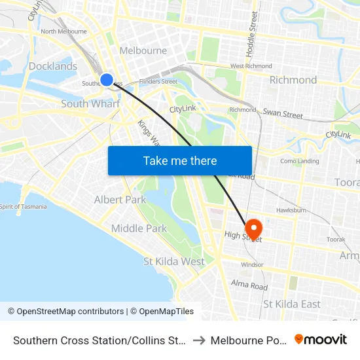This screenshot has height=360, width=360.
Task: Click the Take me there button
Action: (180, 160)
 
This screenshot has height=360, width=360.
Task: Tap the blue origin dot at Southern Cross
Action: (107, 80)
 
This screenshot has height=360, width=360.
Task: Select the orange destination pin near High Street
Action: (253, 228)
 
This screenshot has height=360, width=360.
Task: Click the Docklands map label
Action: (53, 66)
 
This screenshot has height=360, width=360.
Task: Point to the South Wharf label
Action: (90, 104)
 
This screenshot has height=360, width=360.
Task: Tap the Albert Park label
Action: (120, 200)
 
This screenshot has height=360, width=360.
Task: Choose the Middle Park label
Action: (139, 228)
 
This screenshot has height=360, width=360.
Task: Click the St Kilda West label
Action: (174, 261)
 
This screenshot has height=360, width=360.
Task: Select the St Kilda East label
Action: (292, 304)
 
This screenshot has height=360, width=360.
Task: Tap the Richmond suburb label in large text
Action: (293, 80)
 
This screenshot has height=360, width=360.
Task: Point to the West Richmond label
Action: (251, 66)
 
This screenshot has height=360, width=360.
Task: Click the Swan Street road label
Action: (283, 113)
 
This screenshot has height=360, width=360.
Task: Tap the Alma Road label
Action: (249, 285)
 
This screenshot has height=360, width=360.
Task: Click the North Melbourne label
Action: (63, 31)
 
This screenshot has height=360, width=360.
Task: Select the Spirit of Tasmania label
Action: (24, 207)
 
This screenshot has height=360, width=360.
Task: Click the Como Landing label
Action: (299, 161)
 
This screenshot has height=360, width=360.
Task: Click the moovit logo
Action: (321, 339)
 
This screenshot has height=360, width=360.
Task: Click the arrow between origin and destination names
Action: (200, 340)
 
